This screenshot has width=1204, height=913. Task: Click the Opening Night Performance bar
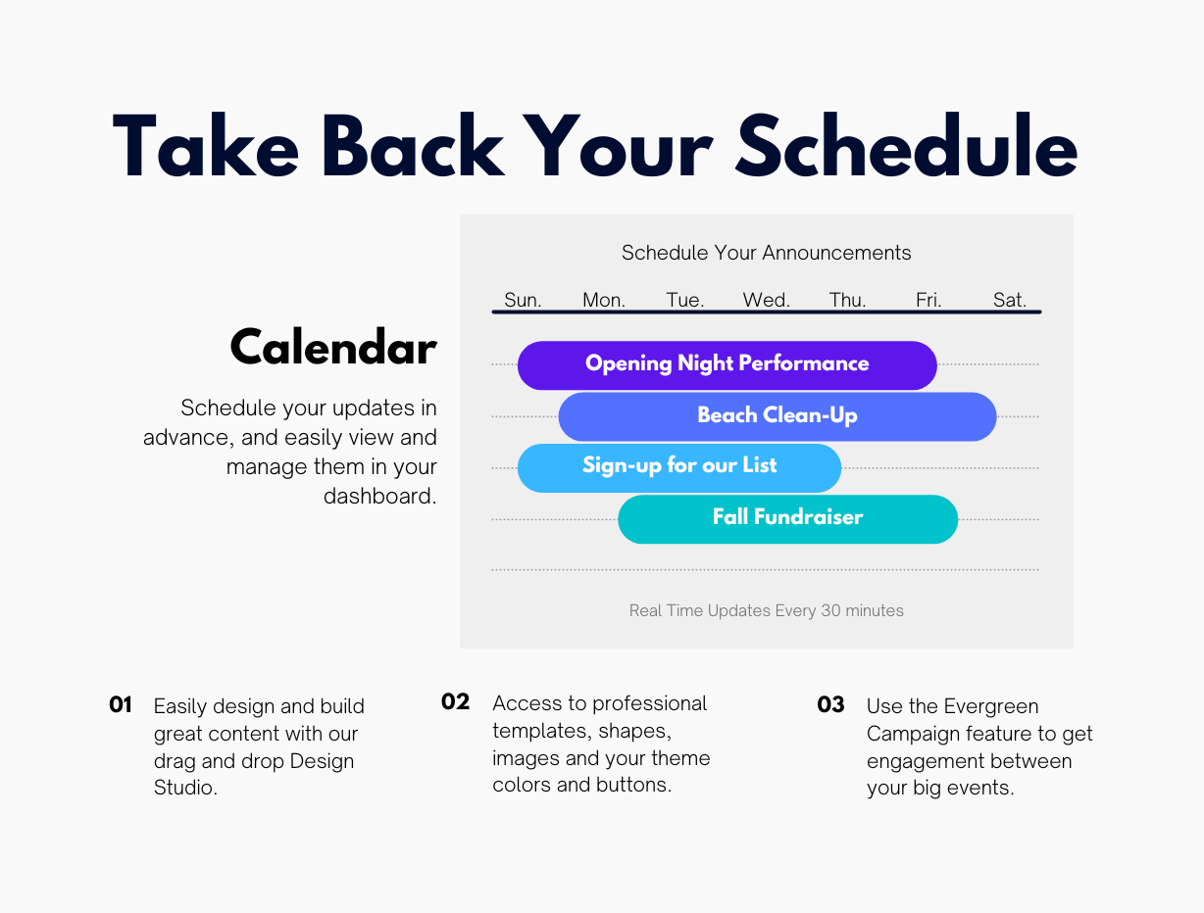click(x=727, y=365)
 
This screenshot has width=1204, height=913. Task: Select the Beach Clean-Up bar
click(x=778, y=416)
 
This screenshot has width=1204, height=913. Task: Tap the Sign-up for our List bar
click(x=679, y=468)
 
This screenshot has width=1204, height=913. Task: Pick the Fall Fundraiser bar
click(x=787, y=519)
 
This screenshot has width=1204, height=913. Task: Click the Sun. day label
click(x=523, y=300)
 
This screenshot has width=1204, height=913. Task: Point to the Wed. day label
click(x=767, y=300)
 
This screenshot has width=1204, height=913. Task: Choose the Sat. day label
click(x=1009, y=300)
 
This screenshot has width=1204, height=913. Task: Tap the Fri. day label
click(x=928, y=300)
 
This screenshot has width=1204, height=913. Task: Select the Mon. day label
click(x=604, y=300)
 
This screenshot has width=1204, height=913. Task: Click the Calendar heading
click(x=333, y=347)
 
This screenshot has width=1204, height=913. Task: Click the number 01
click(x=121, y=704)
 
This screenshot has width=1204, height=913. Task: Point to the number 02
click(x=455, y=701)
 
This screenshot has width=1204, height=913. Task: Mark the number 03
click(x=830, y=704)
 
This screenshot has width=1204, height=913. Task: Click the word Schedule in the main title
click(x=907, y=146)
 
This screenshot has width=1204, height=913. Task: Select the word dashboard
click(x=379, y=496)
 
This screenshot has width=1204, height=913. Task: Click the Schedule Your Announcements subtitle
click(x=767, y=253)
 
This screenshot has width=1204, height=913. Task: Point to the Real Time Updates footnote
click(x=767, y=610)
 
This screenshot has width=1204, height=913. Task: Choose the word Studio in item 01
click(x=185, y=788)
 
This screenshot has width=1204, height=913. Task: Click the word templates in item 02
click(x=542, y=731)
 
